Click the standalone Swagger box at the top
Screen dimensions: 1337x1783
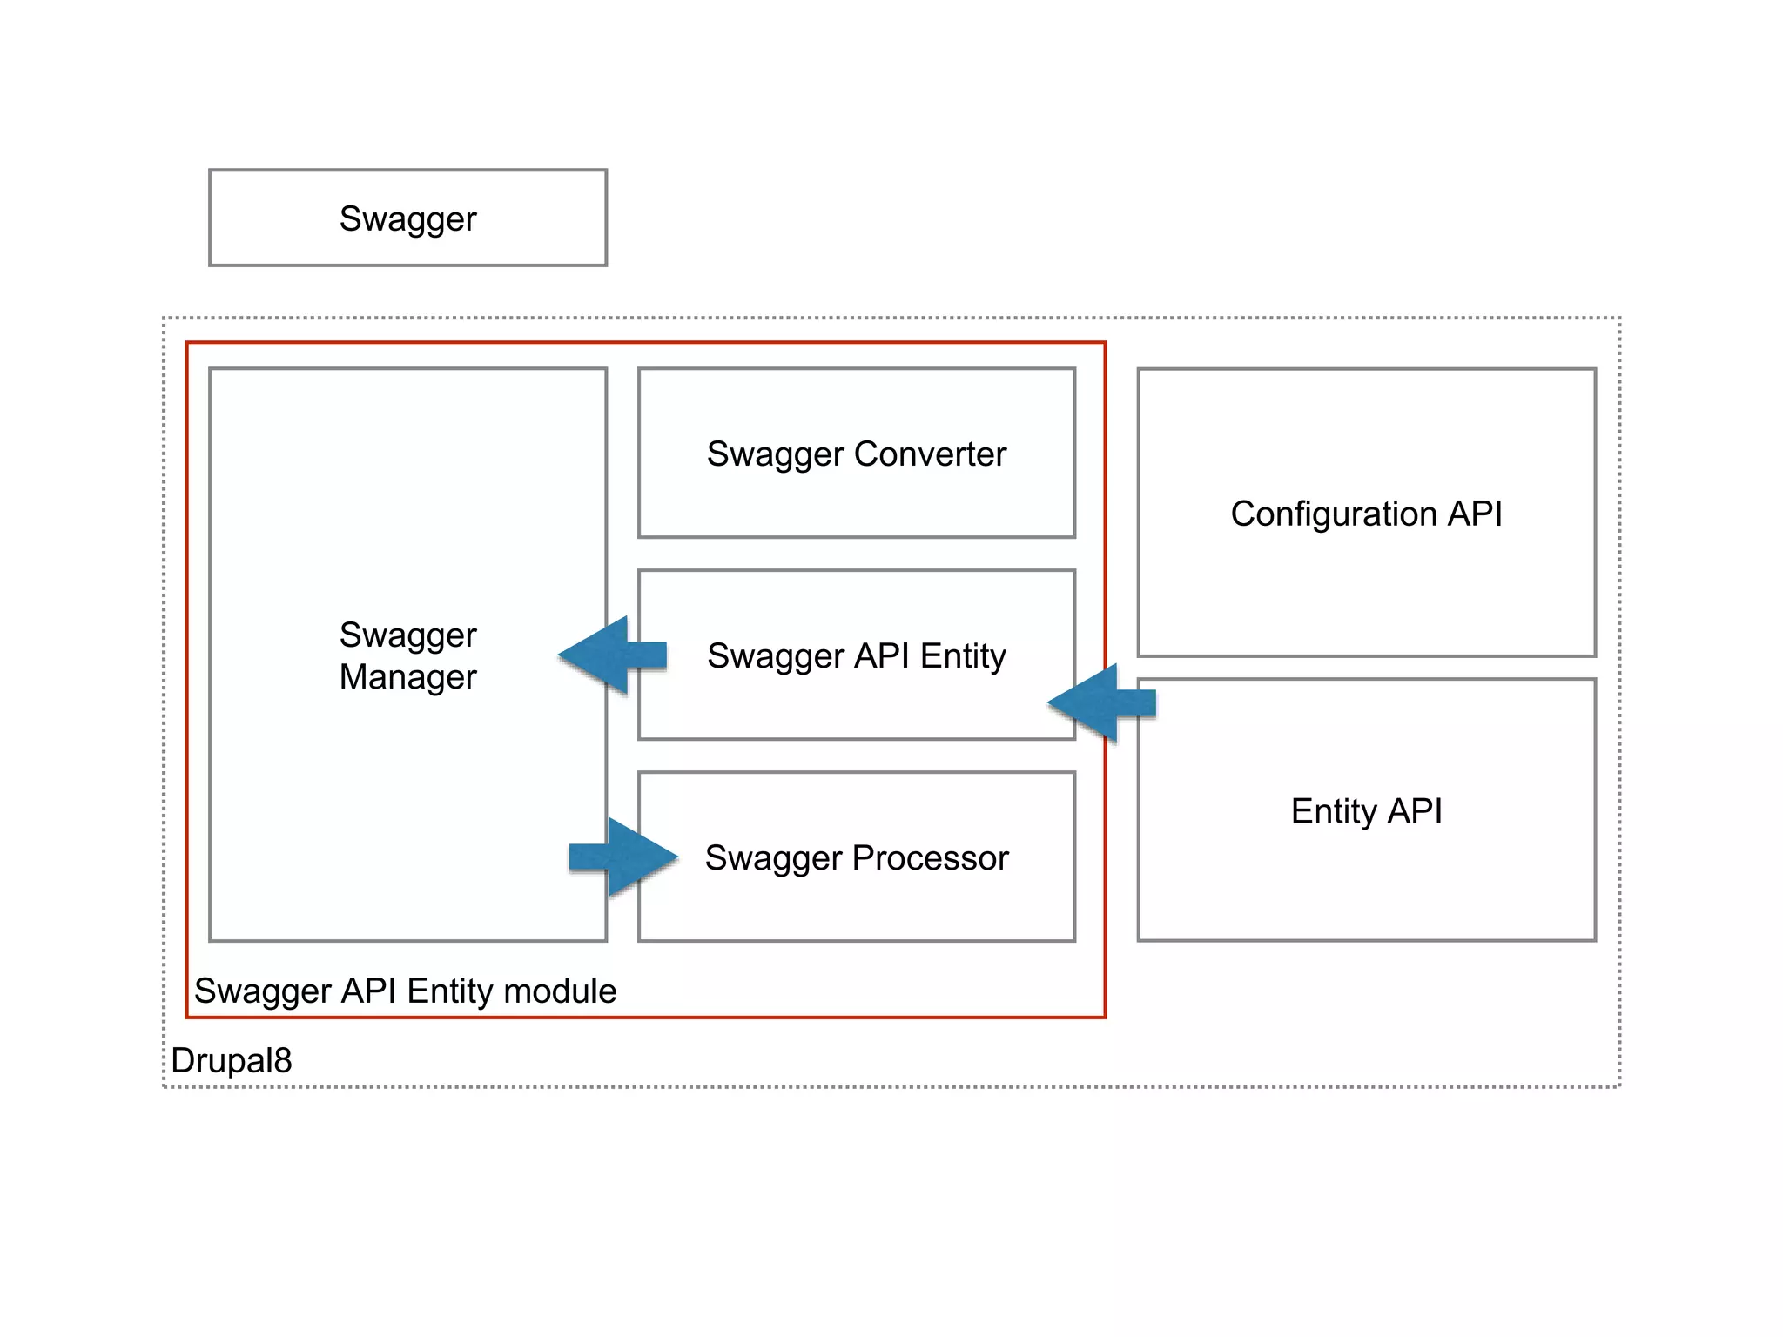407,218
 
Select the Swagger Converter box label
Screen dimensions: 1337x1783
856,454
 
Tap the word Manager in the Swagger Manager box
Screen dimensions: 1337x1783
407,677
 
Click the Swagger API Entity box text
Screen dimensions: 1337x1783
856,655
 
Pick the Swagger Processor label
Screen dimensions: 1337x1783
856,858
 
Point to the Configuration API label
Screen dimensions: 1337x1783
1366,514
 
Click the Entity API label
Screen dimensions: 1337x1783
1366,811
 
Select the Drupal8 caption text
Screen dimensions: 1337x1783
232,1060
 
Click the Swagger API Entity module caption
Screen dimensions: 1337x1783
405,991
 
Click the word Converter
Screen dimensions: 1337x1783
930,454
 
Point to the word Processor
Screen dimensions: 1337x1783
930,858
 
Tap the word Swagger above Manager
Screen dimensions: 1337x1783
407,635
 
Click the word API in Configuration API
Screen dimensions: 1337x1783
1474,514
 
